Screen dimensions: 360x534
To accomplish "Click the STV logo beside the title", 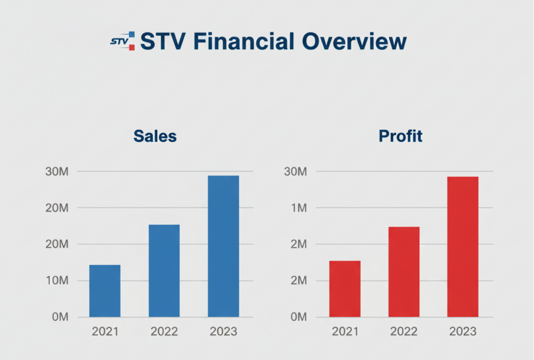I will click(122, 41).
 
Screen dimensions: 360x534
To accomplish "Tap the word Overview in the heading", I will click(354, 42).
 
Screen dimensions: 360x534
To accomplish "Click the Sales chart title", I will click(155, 136).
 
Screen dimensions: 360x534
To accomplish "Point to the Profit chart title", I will click(400, 136).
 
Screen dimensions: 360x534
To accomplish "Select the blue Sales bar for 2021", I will click(105, 291).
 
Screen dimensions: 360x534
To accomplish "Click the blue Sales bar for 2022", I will click(164, 271).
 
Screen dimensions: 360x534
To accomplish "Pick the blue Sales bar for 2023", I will click(223, 246).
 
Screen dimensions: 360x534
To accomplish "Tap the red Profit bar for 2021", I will click(345, 289).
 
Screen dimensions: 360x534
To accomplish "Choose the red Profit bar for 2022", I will click(404, 272).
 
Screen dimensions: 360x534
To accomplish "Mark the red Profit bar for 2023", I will click(463, 247).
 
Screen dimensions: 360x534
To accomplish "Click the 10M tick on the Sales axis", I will click(57, 280).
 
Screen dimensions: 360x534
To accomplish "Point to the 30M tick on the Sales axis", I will click(57, 172).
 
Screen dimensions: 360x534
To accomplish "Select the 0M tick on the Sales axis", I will click(60, 317).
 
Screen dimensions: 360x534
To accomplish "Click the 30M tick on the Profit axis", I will click(296, 172).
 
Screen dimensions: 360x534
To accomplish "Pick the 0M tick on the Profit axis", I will click(298, 317).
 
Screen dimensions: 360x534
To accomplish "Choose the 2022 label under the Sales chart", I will click(164, 332).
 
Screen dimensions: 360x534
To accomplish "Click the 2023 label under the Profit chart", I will click(463, 332).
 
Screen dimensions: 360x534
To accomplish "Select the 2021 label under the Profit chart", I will click(345, 332).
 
